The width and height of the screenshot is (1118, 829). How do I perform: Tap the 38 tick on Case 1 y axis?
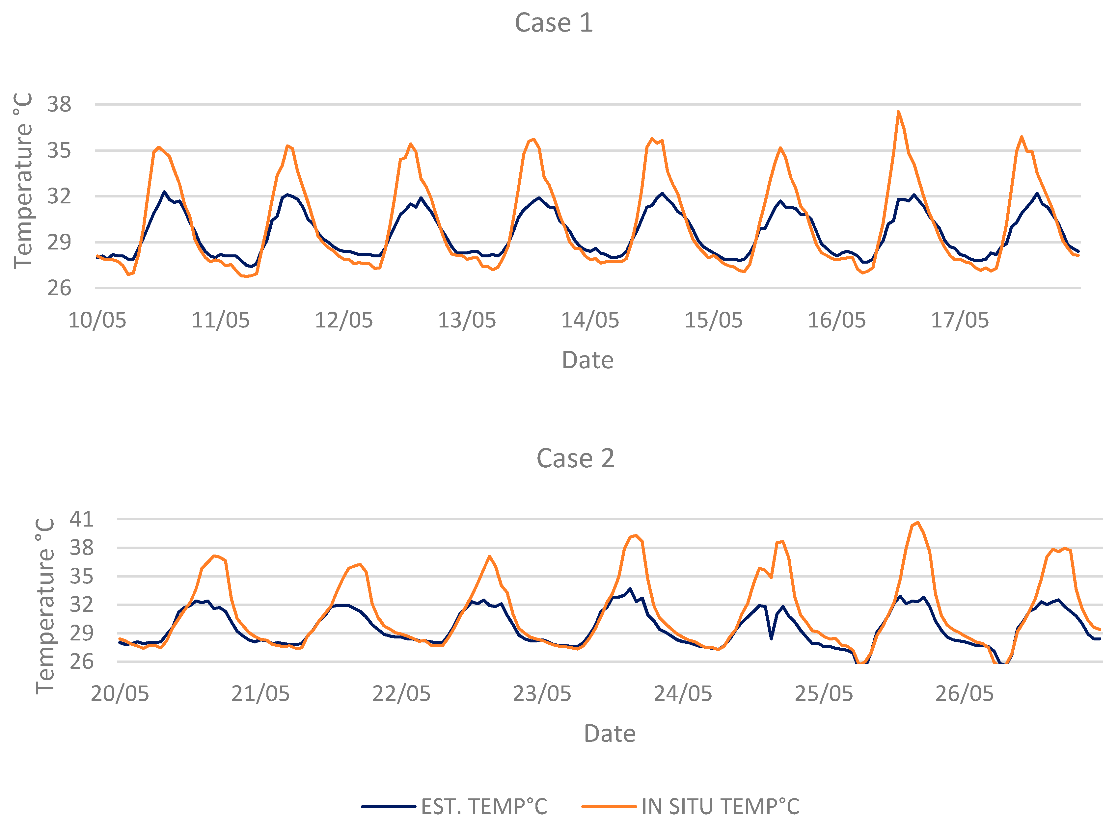click(x=59, y=104)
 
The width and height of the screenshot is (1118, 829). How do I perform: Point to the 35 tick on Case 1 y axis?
click(x=59, y=150)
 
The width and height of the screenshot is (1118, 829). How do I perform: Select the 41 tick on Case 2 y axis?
click(x=81, y=519)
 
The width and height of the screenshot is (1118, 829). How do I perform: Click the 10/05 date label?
click(x=97, y=320)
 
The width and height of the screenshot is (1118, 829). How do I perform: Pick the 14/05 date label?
click(x=590, y=320)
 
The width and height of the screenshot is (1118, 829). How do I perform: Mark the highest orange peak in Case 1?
click(x=898, y=112)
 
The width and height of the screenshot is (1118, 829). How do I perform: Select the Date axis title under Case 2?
click(x=610, y=734)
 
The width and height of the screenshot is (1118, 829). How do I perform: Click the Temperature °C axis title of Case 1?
click(x=23, y=181)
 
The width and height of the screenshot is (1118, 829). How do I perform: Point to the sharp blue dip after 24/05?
click(x=771, y=638)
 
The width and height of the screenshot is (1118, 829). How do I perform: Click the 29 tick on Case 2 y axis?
click(x=81, y=633)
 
